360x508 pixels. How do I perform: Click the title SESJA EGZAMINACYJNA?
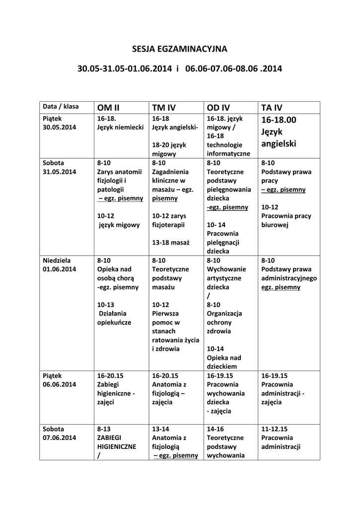pos(179,49)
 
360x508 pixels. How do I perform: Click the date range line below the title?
pos(179,69)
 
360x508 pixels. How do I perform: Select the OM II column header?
pos(108,108)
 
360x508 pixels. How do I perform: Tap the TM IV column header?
pos(164,108)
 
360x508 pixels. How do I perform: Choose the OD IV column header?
pos(218,108)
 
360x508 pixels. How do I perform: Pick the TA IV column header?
pos(272,108)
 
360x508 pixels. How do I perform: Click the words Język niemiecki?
pos(120,127)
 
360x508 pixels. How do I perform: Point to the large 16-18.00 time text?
pos(278,120)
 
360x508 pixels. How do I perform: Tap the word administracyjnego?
pos(289,278)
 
